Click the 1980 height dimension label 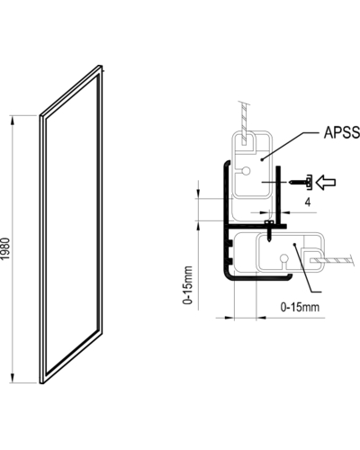pos(5,248)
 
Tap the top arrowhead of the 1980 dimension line pos(13,121)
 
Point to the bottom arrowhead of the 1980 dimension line pos(13,378)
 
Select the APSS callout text pos(342,132)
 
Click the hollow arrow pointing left pos(326,183)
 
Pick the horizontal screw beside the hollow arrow pos(301,182)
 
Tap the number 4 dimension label pos(308,202)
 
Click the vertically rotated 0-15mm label pos(188,284)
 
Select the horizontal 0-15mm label pos(300,307)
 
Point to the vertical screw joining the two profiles pos(269,230)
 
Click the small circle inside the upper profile pos(246,171)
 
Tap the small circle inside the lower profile pos(283,258)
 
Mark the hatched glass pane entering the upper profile pos(245,123)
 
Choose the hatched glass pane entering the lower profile pos(332,260)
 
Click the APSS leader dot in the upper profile pos(262,159)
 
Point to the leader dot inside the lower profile pos(295,245)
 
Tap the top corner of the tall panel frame pos(100,66)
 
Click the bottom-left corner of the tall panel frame pos(41,383)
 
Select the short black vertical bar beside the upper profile pos(278,195)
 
